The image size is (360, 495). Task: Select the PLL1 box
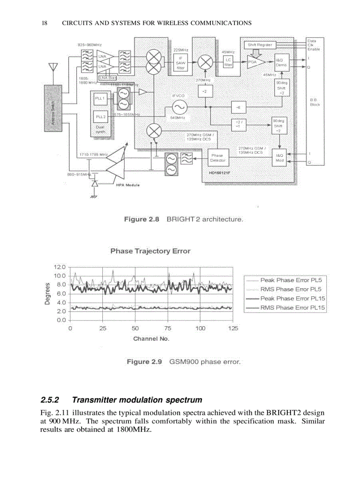pyautogui.click(x=100, y=99)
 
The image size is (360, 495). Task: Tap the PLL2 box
pyautogui.click(x=100, y=117)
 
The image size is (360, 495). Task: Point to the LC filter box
pyautogui.click(x=228, y=62)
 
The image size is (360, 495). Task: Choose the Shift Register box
pyautogui.click(x=260, y=45)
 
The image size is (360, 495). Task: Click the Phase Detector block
pyautogui.click(x=217, y=158)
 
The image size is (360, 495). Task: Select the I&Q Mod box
pyautogui.click(x=279, y=158)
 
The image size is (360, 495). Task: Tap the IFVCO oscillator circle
pyautogui.click(x=179, y=107)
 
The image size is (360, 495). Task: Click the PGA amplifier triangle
pyautogui.click(x=255, y=62)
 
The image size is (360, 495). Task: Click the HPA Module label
pyautogui.click(x=127, y=185)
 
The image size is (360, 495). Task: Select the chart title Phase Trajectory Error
pyautogui.click(x=150, y=251)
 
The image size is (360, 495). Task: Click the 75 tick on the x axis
pyautogui.click(x=168, y=328)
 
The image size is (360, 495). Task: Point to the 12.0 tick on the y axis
pyautogui.click(x=60, y=267)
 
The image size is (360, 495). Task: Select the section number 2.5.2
pyautogui.click(x=50, y=400)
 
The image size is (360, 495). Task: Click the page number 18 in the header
pyautogui.click(x=44, y=23)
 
